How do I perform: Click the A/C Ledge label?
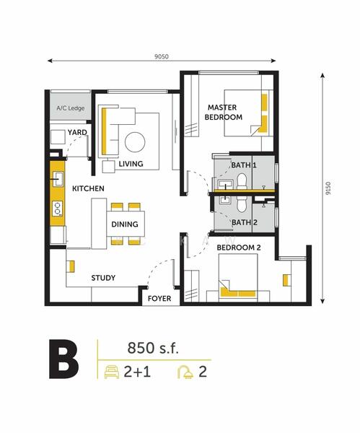[x=71, y=108]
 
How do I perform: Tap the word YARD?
[x=77, y=133]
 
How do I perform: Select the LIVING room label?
[x=131, y=164]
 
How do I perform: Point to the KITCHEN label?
[x=88, y=188]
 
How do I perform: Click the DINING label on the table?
[x=125, y=224]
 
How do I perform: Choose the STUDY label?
[x=103, y=278]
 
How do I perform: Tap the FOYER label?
[x=159, y=299]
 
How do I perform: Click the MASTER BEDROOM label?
[x=224, y=112]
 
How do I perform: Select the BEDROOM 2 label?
[x=239, y=248]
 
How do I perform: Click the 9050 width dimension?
[x=162, y=56]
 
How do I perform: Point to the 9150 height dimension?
[x=328, y=188]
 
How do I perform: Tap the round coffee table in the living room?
[x=135, y=142]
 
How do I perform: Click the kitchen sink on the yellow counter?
[x=58, y=179]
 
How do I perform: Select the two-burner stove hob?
[x=58, y=209]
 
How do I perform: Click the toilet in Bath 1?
[x=242, y=181]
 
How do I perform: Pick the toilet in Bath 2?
[x=241, y=204]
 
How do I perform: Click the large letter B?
[x=63, y=359]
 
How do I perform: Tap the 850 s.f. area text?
[x=153, y=348]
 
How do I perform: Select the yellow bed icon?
[x=112, y=372]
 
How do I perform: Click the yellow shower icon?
[x=186, y=372]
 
